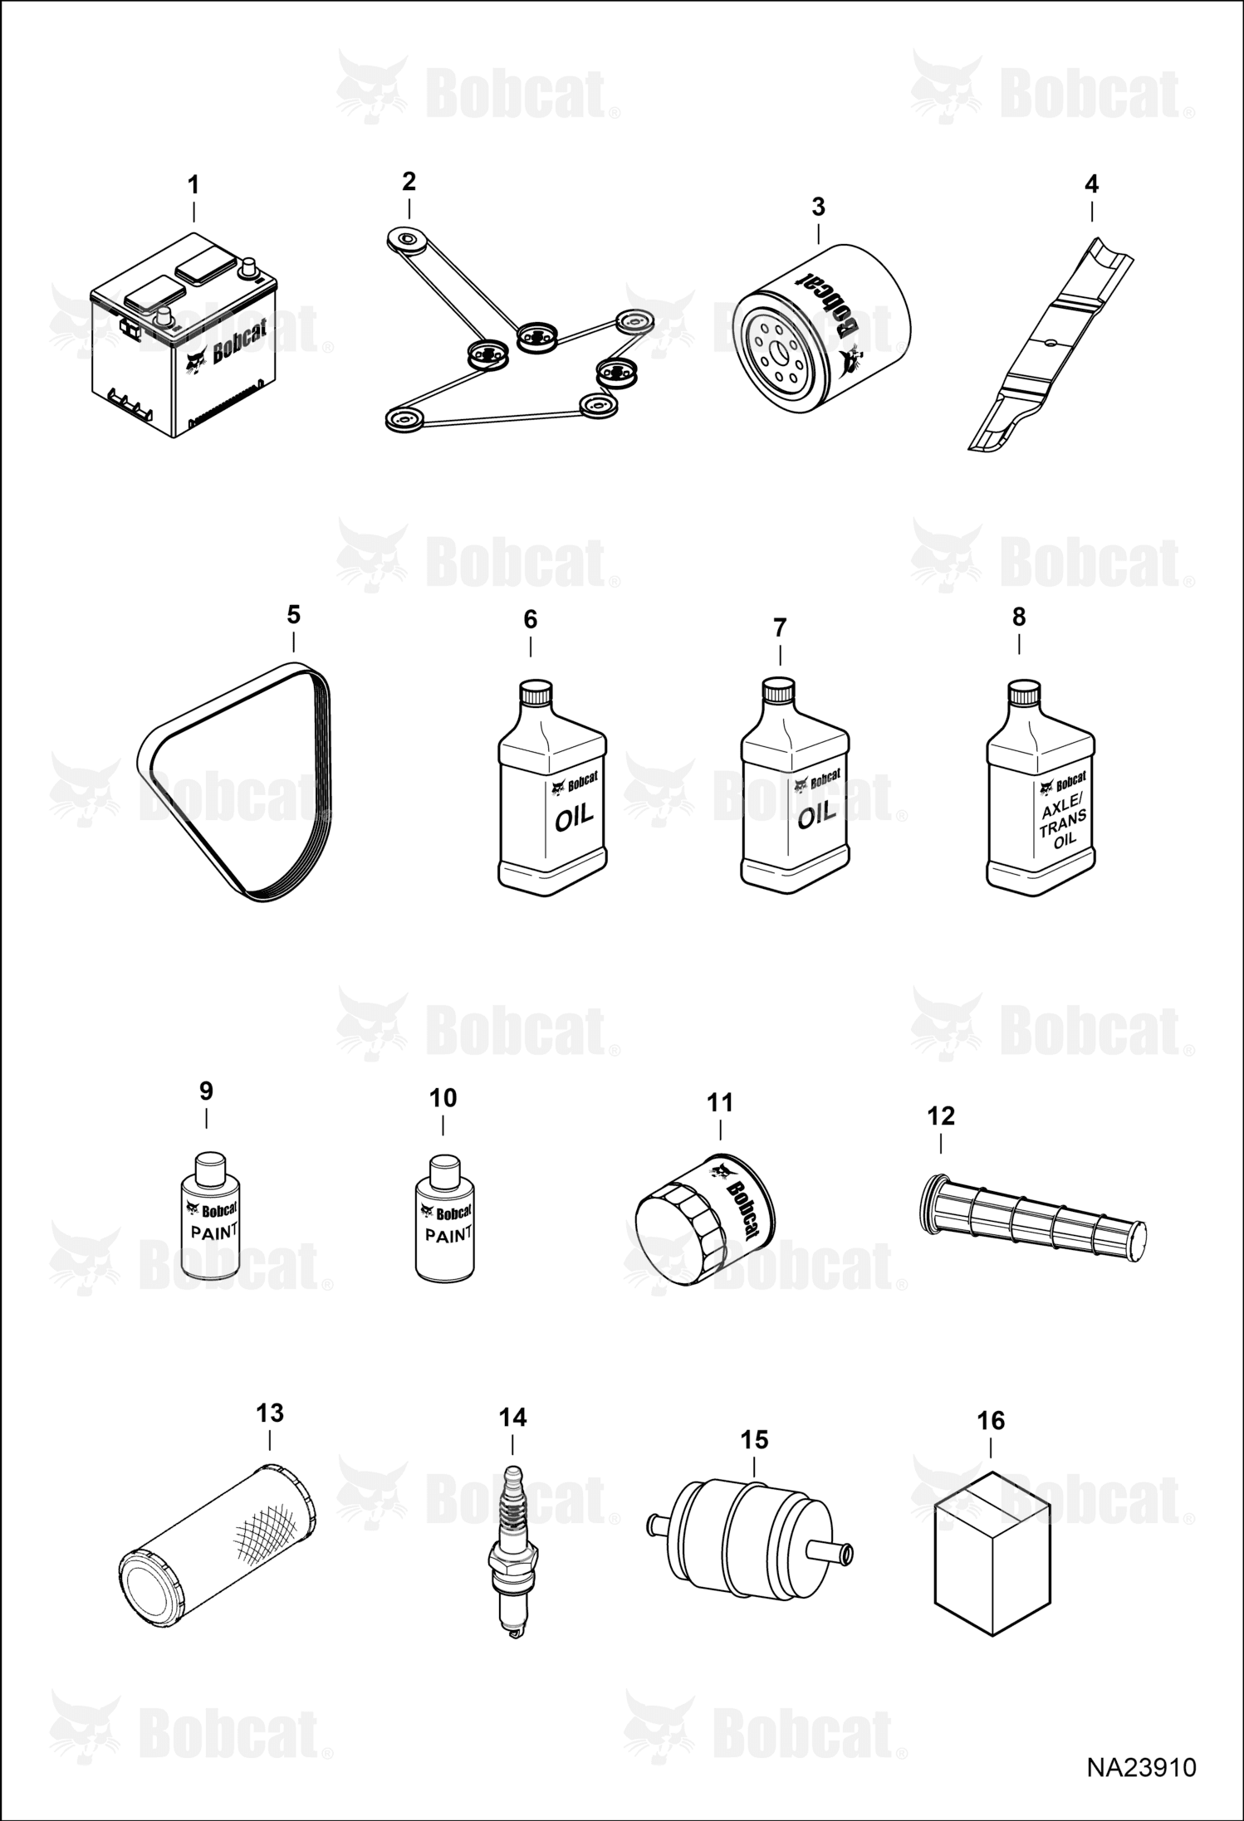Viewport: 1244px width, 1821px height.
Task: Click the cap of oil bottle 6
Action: point(536,693)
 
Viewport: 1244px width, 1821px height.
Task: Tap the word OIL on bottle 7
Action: point(816,815)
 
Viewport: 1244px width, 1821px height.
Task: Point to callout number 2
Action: point(409,181)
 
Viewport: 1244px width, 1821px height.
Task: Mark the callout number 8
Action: point(1019,617)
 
